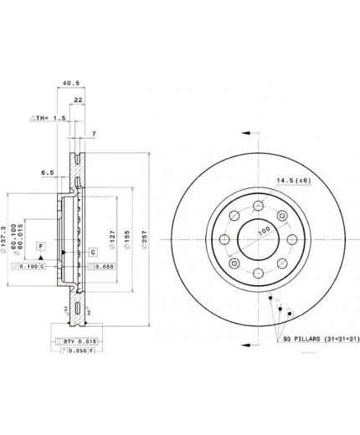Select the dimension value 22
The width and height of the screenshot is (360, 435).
(x=79, y=100)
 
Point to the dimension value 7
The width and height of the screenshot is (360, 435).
(x=95, y=135)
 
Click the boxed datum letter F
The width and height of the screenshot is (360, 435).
(x=39, y=245)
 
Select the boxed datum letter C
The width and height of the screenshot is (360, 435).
(x=92, y=251)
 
